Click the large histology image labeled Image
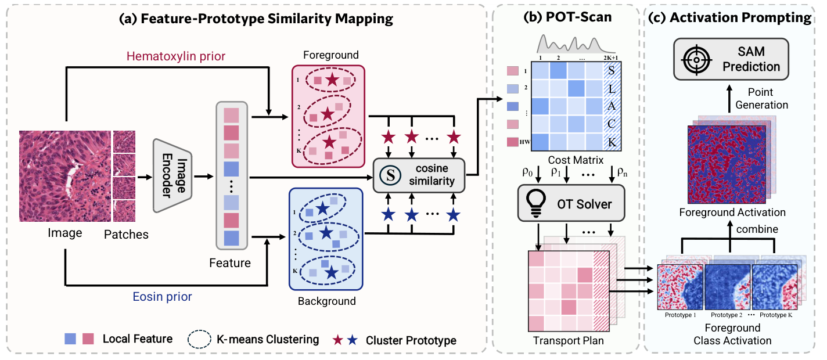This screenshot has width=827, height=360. click(x=64, y=177)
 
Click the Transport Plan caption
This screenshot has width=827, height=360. click(x=567, y=341)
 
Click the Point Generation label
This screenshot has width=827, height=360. click(x=761, y=99)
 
